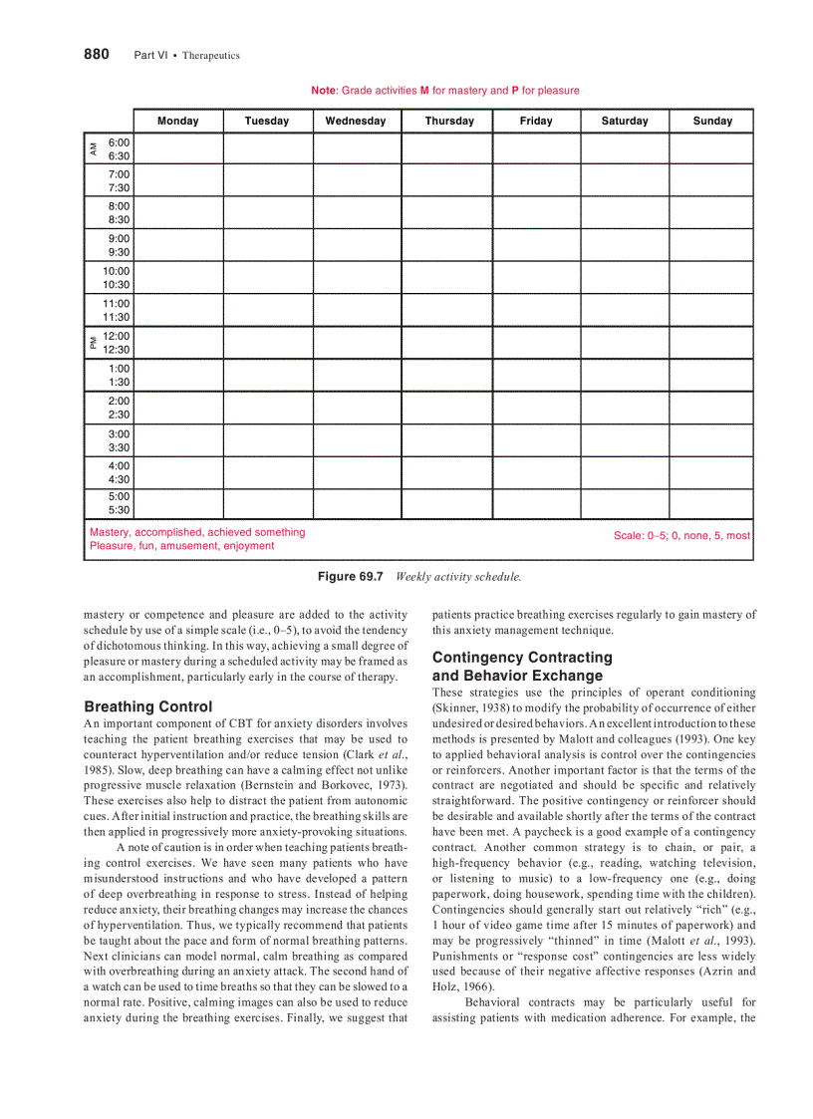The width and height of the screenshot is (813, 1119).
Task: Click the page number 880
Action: pyautogui.click(x=96, y=54)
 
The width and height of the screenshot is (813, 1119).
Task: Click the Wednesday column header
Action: pyautogui.click(x=356, y=121)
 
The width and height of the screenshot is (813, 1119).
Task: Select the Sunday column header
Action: pyautogui.click(x=712, y=121)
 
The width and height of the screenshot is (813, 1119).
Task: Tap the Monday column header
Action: pyautogui.click(x=178, y=121)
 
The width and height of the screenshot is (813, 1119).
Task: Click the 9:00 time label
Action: pyautogui.click(x=119, y=239)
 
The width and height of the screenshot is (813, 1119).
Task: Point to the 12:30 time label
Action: pyautogui.click(x=117, y=350)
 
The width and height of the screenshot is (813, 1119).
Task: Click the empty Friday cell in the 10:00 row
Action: pyautogui.click(x=536, y=277)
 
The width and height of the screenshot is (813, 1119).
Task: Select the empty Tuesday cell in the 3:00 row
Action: pyautogui.click(x=267, y=440)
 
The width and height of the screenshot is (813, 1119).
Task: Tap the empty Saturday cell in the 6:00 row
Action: pyautogui.click(x=625, y=148)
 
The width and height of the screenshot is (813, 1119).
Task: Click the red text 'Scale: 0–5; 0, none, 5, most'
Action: pyautogui.click(x=681, y=535)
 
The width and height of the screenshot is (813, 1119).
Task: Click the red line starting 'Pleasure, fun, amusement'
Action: pyautogui.click(x=181, y=546)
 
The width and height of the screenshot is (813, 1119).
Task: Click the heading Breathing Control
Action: pyautogui.click(x=148, y=706)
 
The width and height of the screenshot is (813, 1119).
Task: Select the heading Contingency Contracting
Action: pyautogui.click(x=522, y=658)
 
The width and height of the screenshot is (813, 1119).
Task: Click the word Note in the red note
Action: pyautogui.click(x=323, y=91)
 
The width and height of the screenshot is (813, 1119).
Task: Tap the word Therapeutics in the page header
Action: pyautogui.click(x=210, y=56)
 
